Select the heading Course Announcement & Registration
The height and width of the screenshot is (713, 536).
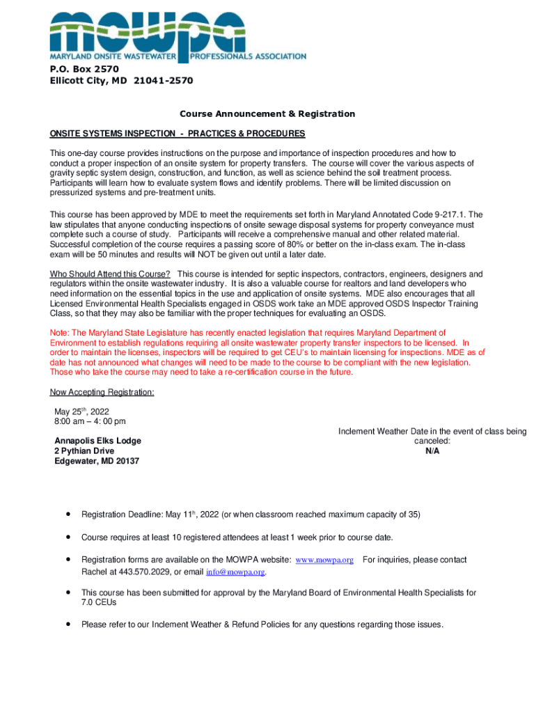(267, 114)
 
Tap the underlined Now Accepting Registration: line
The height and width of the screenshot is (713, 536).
(102, 393)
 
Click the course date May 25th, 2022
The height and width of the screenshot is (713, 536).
(81, 412)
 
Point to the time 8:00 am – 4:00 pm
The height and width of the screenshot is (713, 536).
(90, 422)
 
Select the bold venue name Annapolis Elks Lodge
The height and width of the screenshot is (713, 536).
(97, 441)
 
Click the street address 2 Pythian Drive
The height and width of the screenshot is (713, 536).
(84, 451)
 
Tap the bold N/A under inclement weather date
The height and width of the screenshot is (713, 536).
(432, 451)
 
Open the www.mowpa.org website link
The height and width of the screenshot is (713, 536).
(324, 560)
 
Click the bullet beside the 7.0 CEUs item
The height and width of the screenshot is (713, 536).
(68, 593)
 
